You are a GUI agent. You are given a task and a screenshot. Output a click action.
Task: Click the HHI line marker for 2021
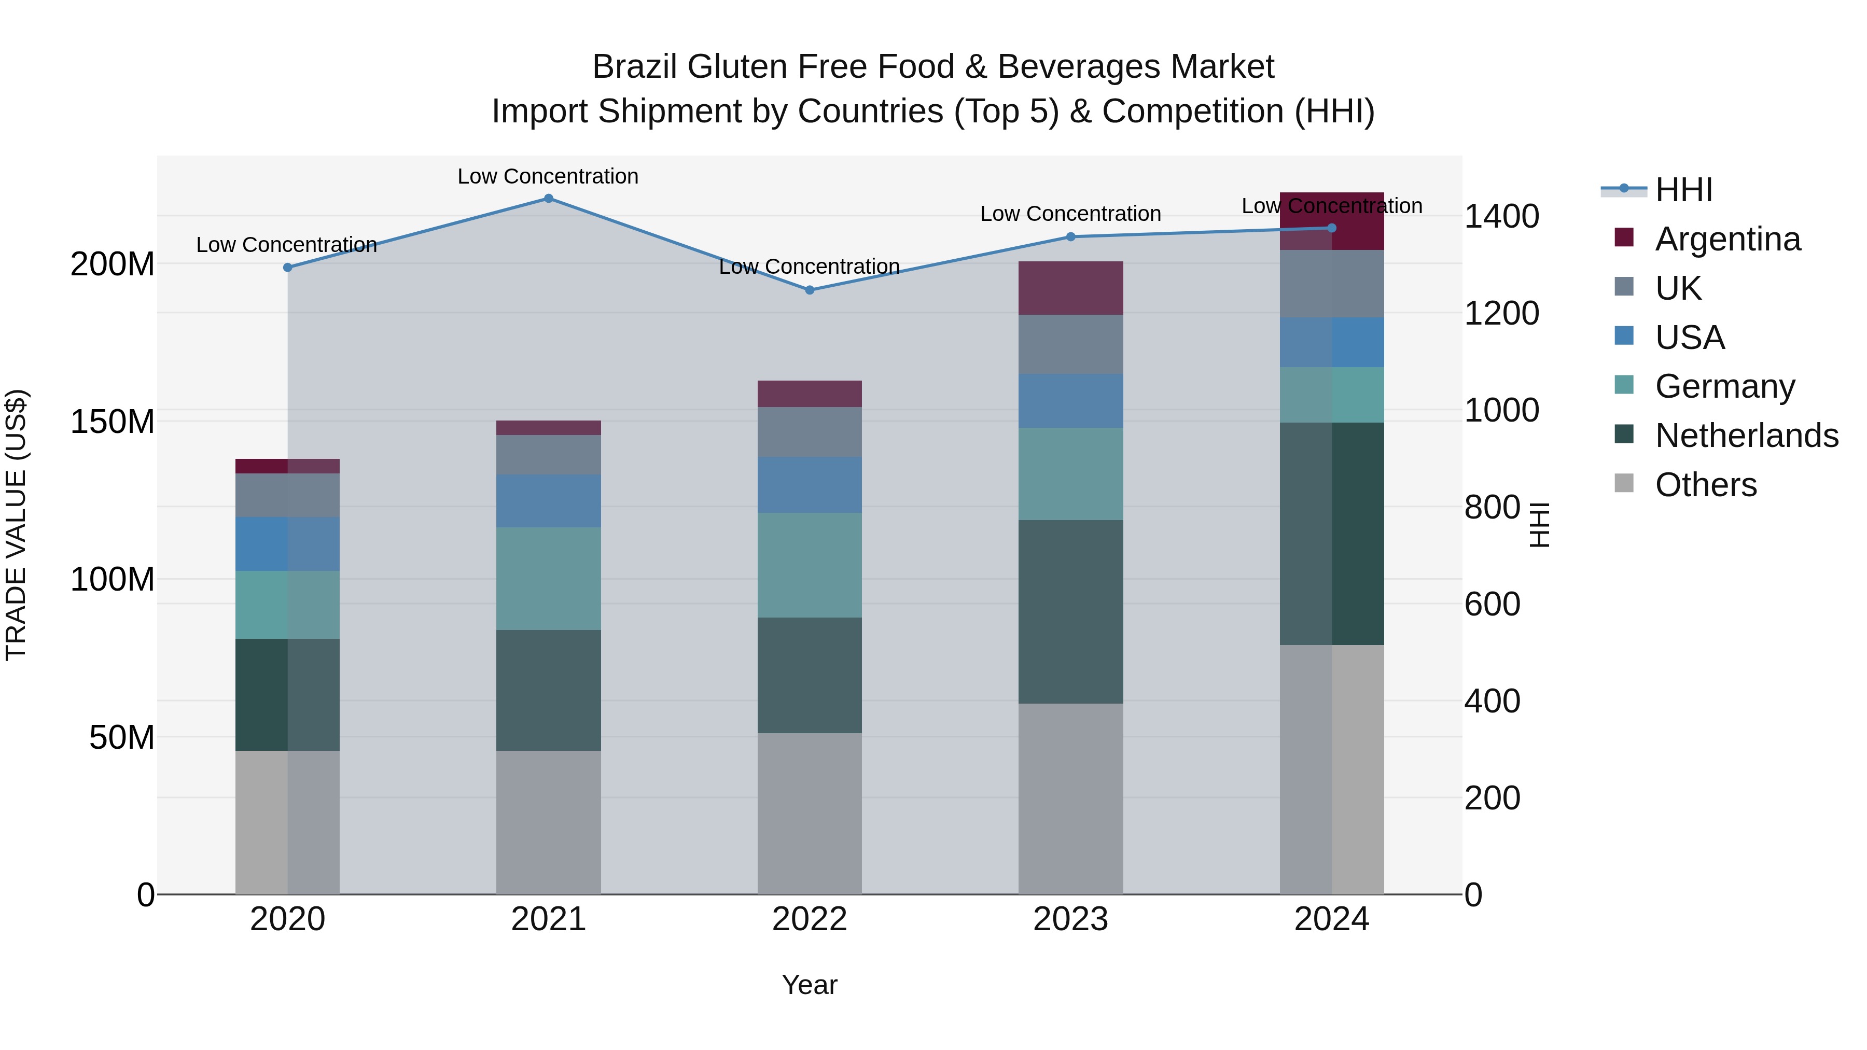(x=549, y=199)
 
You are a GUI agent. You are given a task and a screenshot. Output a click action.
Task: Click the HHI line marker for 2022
(x=810, y=290)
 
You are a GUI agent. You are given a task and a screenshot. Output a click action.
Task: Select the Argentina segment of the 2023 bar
(x=1070, y=288)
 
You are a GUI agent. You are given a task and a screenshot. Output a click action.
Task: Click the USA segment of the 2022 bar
(x=810, y=484)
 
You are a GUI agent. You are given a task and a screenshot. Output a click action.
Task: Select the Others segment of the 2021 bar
(x=549, y=822)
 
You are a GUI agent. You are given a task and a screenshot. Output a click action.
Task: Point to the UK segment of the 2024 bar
(x=1331, y=283)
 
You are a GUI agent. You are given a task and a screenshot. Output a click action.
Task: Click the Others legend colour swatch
(x=1624, y=483)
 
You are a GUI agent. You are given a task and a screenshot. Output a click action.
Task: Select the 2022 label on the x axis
(x=810, y=919)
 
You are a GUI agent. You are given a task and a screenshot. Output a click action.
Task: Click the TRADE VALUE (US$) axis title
(x=16, y=525)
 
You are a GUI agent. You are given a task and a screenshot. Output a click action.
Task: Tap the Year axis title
(x=810, y=985)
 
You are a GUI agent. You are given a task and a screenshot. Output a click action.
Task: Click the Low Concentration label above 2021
(x=548, y=176)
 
